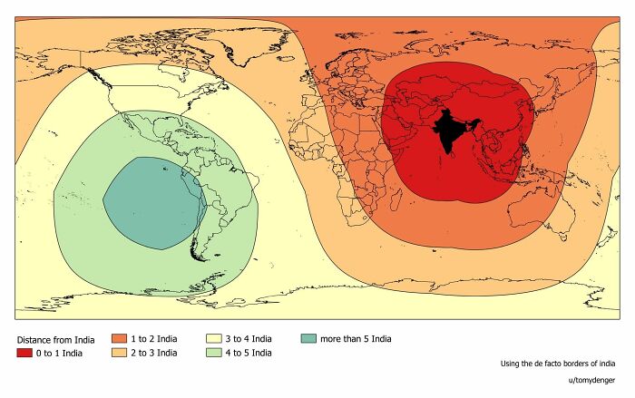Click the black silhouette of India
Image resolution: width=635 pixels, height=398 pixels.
pyautogui.click(x=448, y=132)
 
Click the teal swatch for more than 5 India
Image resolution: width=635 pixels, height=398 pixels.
pyautogui.click(x=308, y=338)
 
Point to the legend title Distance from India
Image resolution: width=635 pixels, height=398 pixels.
pyautogui.click(x=56, y=339)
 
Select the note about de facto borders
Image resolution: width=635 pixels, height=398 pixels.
pyautogui.click(x=558, y=364)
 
